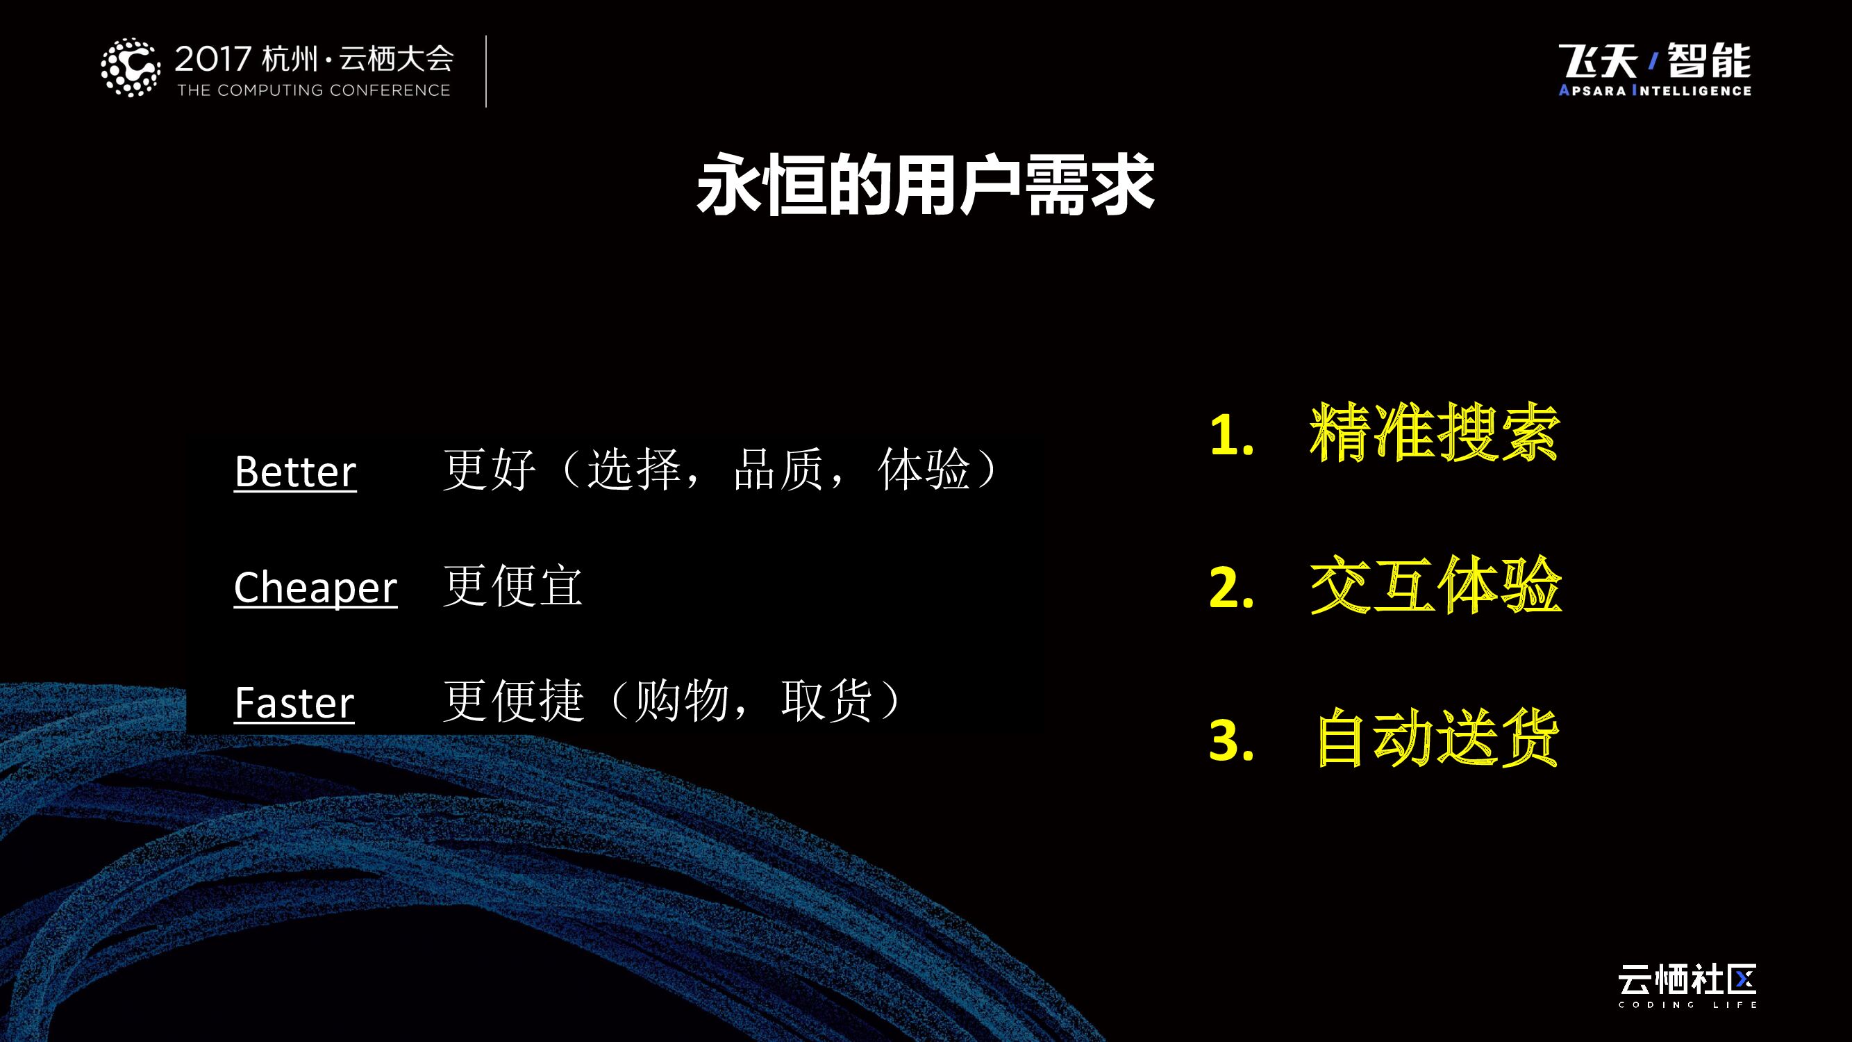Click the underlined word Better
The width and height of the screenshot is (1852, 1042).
click(x=294, y=472)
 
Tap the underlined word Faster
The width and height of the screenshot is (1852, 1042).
click(x=294, y=702)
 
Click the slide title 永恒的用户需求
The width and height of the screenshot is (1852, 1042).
click(x=925, y=185)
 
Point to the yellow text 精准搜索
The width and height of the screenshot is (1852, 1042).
click(x=1434, y=433)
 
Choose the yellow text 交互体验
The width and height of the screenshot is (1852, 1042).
click(x=1435, y=586)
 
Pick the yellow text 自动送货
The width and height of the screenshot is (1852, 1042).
click(x=1437, y=738)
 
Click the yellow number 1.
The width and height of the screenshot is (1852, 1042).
click(x=1230, y=436)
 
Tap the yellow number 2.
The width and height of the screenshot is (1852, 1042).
click(x=1231, y=588)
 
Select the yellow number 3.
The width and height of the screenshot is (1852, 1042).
click(x=1231, y=741)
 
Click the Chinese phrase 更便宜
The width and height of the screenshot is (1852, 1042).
click(x=512, y=586)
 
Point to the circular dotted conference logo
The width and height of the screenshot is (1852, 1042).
click(x=130, y=67)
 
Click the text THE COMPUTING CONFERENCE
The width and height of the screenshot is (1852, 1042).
click(x=313, y=90)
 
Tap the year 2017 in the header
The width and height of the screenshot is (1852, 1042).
click(x=212, y=59)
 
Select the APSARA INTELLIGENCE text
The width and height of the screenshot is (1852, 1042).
click(x=1654, y=90)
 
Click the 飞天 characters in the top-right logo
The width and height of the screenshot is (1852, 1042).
click(x=1597, y=60)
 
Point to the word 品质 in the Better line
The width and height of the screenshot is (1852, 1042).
click(x=778, y=470)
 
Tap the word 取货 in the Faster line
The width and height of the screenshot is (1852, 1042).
click(x=827, y=700)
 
